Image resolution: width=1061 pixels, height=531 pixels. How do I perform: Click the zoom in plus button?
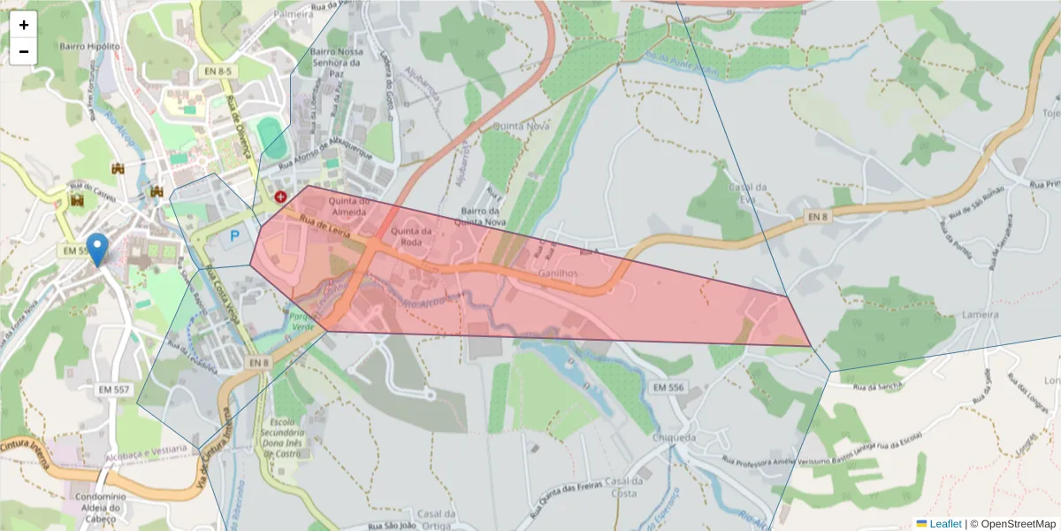click(24, 25)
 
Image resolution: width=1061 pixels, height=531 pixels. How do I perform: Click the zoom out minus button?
click(24, 51)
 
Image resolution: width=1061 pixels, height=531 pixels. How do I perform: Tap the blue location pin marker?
click(98, 249)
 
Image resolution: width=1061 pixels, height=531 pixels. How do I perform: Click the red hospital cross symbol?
click(281, 196)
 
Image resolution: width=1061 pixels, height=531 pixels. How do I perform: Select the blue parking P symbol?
click(235, 236)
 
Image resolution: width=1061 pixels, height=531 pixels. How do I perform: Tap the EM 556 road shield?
click(669, 388)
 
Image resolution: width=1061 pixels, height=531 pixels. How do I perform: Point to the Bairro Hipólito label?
click(89, 45)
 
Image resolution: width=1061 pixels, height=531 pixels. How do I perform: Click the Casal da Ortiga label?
click(436, 520)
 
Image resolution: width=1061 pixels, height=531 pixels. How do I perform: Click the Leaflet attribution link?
click(944, 524)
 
